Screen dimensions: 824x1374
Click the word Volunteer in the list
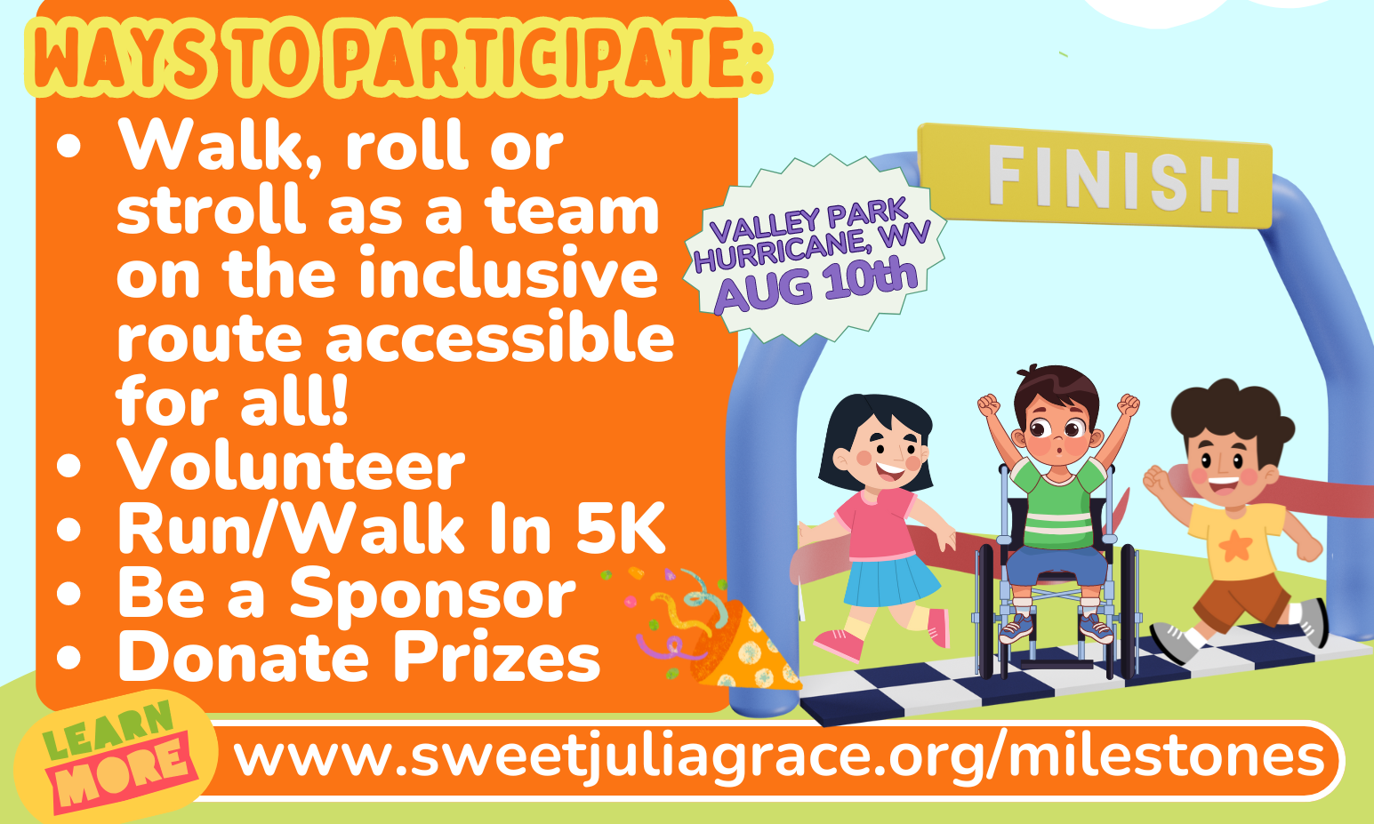(x=291, y=465)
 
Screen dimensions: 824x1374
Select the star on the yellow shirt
(x=1236, y=545)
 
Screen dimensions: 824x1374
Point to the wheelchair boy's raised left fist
(x=988, y=405)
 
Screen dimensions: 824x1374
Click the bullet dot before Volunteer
(x=68, y=466)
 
